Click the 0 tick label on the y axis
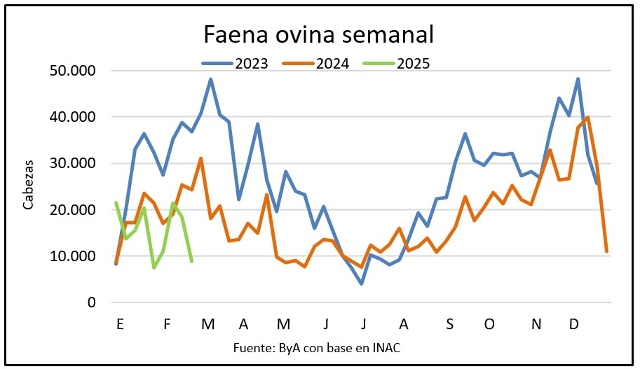(x=90, y=302)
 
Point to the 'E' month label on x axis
(x=121, y=325)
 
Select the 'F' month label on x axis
(x=167, y=325)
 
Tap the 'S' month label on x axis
(x=449, y=325)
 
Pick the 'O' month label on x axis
(x=489, y=325)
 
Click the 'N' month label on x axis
(x=536, y=325)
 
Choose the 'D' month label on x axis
(x=573, y=325)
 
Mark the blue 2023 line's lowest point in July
(x=361, y=284)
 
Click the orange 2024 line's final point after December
(x=606, y=251)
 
